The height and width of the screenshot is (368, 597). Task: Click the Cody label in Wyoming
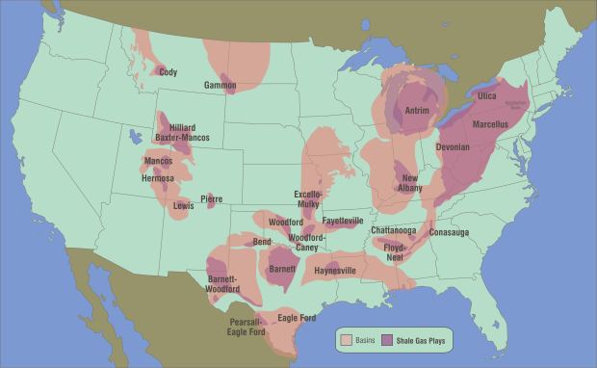[168, 72]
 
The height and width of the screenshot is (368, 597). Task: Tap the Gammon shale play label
[220, 86]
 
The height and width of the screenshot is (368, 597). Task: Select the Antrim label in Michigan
[416, 111]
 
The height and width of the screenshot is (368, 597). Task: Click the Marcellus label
[496, 124]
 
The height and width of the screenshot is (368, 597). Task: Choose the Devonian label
[452, 147]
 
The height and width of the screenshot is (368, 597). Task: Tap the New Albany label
[410, 183]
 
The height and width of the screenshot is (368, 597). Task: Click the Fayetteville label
[343, 221]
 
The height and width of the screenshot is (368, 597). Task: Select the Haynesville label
[334, 271]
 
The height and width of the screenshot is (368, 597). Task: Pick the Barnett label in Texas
[282, 269]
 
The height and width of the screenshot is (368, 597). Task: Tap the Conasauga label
[448, 232]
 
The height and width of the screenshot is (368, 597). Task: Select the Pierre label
[212, 199]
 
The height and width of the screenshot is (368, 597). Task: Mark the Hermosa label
[158, 178]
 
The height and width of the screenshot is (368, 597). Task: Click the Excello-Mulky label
[307, 199]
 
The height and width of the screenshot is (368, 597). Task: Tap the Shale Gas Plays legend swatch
[388, 340]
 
